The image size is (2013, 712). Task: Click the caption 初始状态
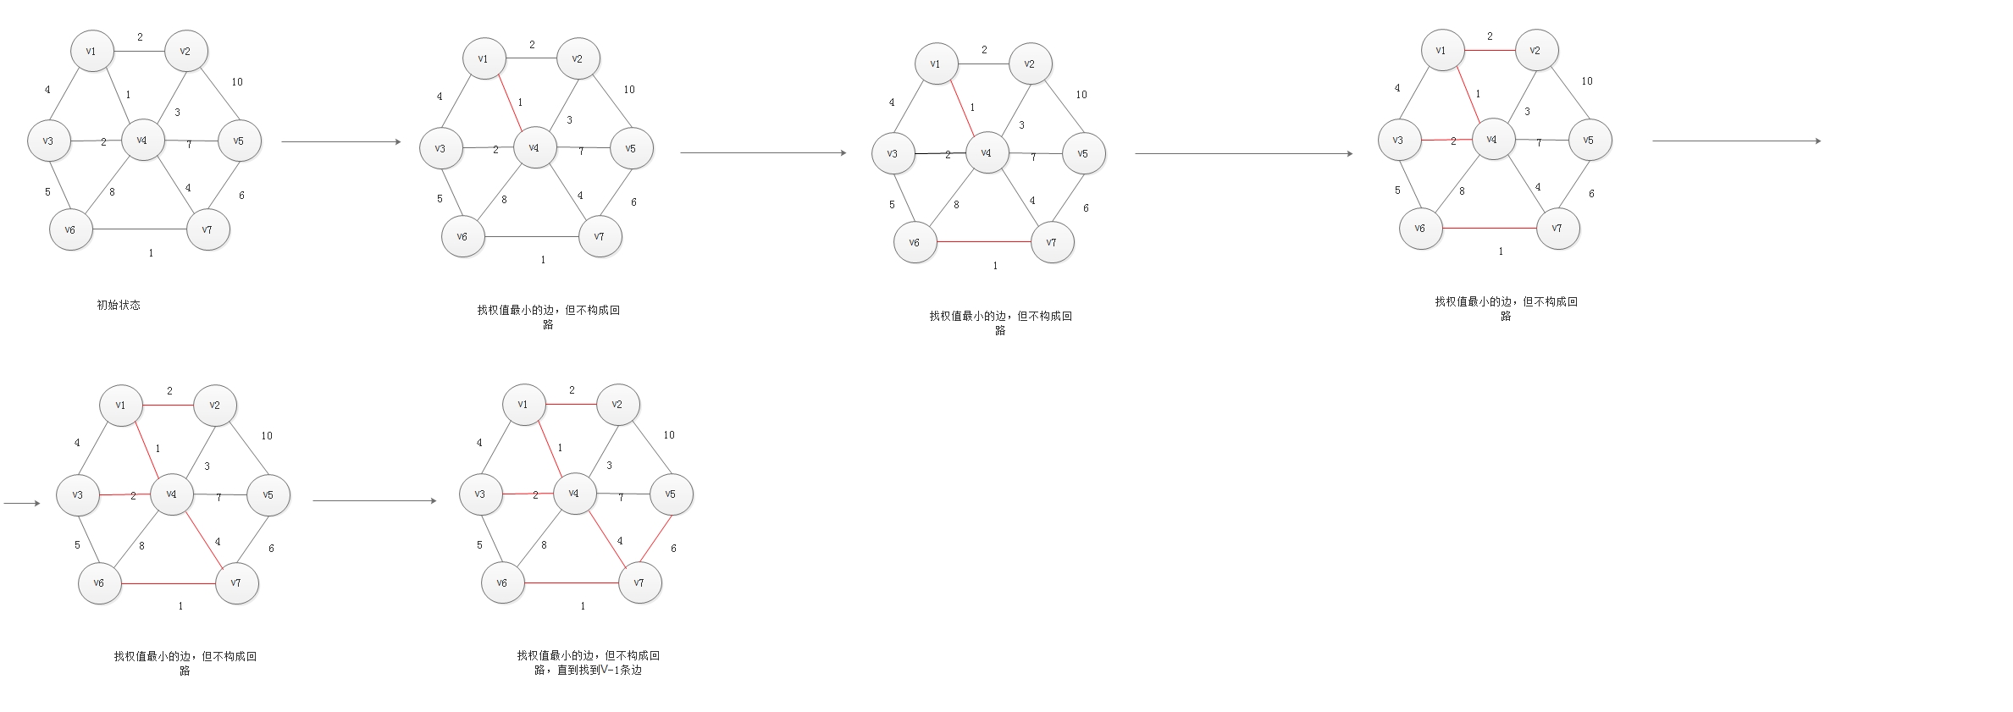119,305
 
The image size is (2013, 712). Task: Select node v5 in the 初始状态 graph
239,141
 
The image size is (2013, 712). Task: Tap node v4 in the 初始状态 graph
142,140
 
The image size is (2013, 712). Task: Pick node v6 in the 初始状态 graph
70,229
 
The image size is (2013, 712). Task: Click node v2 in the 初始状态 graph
185,51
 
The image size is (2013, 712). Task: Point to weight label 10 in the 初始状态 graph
237,82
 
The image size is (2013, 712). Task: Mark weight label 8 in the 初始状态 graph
112,192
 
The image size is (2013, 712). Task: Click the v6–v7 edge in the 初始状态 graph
140,229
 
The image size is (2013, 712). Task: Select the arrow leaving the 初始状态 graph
340,142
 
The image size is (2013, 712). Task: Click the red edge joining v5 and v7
655,538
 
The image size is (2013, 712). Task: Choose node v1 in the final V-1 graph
523,405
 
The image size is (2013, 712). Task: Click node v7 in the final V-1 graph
639,582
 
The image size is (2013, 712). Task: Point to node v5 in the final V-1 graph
671,494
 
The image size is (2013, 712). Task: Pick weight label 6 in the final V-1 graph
673,549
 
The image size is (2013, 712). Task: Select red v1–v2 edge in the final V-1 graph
571,405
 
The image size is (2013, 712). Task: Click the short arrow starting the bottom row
22,504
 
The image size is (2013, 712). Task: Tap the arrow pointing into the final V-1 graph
374,501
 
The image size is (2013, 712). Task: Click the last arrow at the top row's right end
1736,141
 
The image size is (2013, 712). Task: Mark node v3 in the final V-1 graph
480,494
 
